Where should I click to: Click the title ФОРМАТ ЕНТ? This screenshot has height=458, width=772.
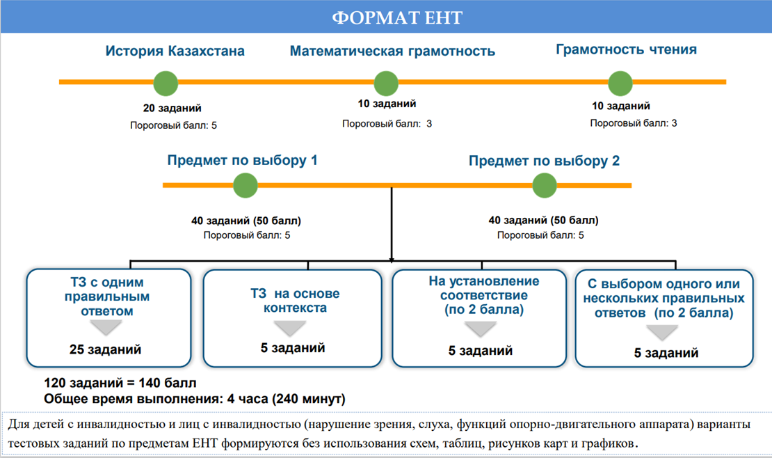point(397,17)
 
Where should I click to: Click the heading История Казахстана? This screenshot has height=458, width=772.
point(175,51)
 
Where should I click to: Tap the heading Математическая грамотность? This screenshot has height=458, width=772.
point(392,52)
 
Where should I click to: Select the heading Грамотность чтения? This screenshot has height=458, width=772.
point(626,49)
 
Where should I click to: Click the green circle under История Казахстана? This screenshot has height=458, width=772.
point(166,84)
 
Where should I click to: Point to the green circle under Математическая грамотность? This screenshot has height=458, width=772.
point(386,84)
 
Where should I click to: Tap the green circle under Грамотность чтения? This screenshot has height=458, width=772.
point(620,84)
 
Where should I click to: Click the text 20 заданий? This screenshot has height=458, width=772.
point(172,108)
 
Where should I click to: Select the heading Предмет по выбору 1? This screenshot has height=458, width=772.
point(242,160)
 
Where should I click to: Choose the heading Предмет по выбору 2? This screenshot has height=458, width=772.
point(544,161)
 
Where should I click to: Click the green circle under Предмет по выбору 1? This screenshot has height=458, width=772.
point(246,186)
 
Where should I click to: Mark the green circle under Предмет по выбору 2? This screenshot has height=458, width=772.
point(545,186)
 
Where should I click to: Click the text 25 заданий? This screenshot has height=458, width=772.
point(105,349)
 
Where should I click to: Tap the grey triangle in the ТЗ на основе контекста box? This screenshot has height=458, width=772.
point(290,328)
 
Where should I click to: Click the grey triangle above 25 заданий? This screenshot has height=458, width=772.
point(106,327)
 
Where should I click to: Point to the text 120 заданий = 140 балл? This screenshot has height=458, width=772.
point(120,383)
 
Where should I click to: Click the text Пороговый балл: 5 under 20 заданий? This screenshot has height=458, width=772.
point(173,125)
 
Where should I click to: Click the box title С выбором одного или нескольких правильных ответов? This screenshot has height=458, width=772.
point(664,299)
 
